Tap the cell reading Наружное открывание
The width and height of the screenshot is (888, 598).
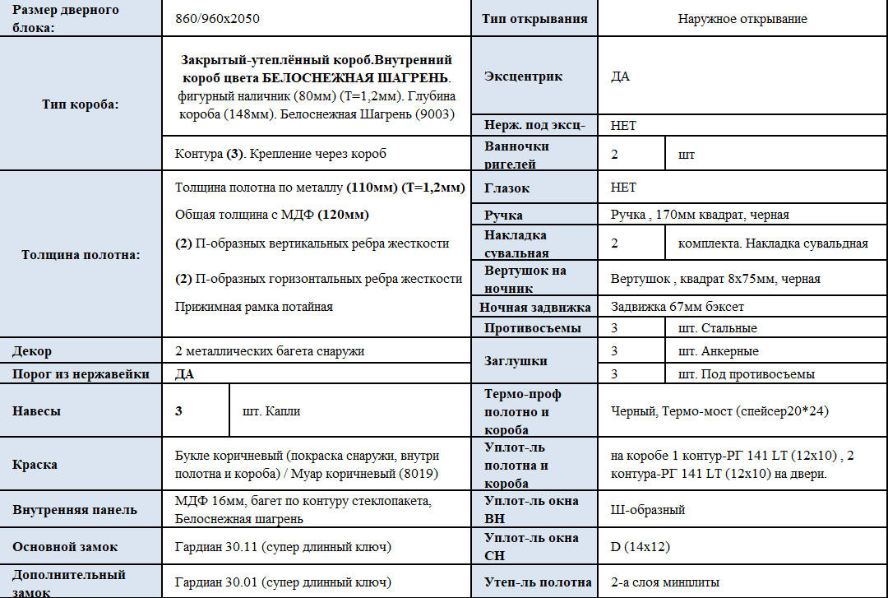[742, 18]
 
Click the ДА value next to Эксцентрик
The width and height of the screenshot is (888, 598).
[621, 76]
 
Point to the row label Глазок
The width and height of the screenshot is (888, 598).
[507, 188]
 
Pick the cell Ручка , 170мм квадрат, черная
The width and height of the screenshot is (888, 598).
[700, 215]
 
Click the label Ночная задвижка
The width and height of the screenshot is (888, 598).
[535, 308]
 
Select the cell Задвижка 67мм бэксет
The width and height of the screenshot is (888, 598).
[677, 308]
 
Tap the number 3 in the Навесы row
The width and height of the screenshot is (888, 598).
[178, 410]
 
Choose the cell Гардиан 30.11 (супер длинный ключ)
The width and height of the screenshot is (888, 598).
[282, 546]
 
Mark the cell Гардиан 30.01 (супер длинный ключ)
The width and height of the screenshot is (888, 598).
[282, 582]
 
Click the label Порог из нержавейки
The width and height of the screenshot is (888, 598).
[81, 373]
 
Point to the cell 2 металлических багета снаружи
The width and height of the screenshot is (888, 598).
[270, 351]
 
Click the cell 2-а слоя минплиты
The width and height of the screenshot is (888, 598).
[665, 582]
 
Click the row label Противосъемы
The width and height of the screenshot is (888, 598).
[533, 328]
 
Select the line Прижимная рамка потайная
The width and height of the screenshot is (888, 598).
[253, 307]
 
